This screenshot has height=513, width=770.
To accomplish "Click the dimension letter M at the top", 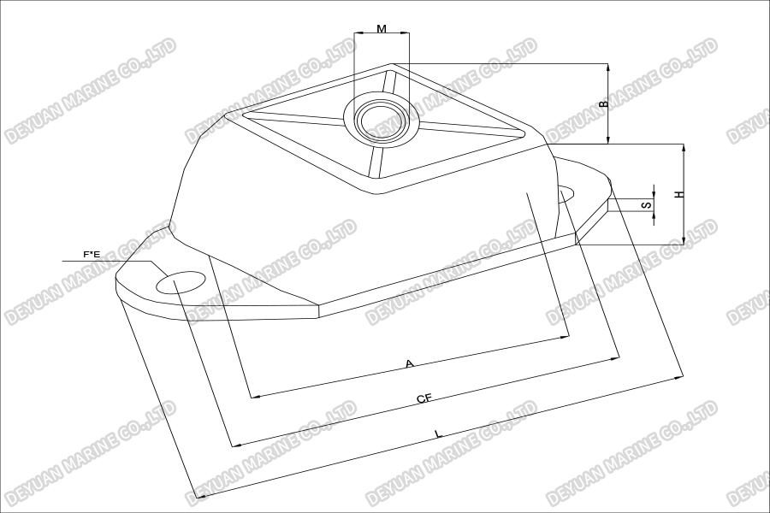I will [x=382, y=28].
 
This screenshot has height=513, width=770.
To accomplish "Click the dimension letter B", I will [x=602, y=103].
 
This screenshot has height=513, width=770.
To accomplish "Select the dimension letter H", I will [x=678, y=194].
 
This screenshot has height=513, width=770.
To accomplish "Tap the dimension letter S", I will [x=648, y=204].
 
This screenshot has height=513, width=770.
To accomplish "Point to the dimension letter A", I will [x=410, y=364].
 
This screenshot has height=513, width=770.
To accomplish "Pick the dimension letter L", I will [x=438, y=434].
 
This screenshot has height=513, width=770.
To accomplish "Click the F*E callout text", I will [x=91, y=254].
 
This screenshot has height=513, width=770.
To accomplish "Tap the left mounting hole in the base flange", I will [x=181, y=282].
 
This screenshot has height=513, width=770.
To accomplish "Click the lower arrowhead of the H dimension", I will [x=684, y=241].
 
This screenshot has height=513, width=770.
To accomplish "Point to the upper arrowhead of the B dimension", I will [x=607, y=67].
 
